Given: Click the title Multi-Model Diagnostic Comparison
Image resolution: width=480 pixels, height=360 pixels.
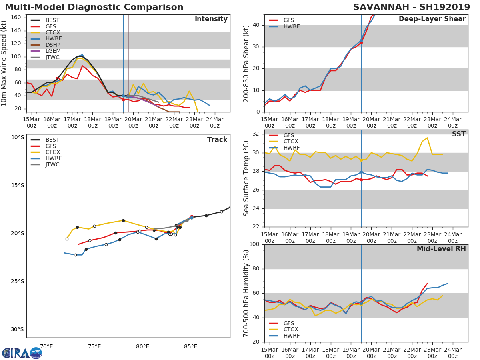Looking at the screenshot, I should [94, 7].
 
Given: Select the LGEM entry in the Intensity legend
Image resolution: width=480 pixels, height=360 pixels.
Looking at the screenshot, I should [53, 51].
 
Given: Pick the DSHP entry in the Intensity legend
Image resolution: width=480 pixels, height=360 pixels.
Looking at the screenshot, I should [53, 45].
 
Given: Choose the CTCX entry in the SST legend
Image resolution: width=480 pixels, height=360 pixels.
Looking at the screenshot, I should [291, 142].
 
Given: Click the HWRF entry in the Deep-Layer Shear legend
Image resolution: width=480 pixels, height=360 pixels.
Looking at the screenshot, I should [291, 26].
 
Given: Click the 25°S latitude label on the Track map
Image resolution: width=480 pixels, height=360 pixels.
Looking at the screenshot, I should [17, 281].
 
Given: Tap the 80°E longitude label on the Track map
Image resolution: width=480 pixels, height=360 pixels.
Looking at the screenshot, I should [142, 346].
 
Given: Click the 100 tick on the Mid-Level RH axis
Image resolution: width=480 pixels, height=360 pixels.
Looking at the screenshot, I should [254, 244].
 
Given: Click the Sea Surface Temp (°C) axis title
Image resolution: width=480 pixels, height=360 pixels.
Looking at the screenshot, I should [246, 178].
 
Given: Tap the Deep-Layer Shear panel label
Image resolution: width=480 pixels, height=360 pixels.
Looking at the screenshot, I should [432, 19].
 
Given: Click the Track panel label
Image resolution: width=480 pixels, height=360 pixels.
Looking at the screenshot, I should [217, 140].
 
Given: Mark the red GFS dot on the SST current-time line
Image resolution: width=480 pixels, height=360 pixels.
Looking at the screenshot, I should [361, 180].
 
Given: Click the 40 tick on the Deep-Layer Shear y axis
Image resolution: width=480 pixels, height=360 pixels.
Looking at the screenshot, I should [256, 25].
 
